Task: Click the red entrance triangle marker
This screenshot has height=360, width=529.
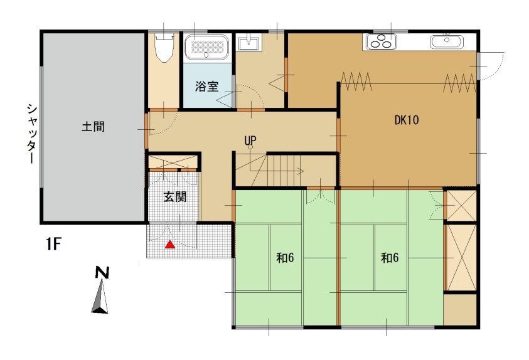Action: click(x=169, y=245)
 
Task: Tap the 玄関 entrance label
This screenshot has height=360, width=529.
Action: click(x=175, y=196)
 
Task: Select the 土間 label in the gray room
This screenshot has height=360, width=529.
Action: click(x=92, y=127)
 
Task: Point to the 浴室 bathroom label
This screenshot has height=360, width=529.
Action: click(x=206, y=87)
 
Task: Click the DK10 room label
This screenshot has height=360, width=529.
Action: click(x=406, y=120)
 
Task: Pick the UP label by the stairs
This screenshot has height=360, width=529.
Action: click(x=250, y=140)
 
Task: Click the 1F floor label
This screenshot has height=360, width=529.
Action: click(x=53, y=243)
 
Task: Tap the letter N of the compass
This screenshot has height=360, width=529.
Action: click(x=101, y=273)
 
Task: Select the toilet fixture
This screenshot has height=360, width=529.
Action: click(x=164, y=48)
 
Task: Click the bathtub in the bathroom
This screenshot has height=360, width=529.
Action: click(x=208, y=47)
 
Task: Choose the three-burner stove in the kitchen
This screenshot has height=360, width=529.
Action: click(x=380, y=42)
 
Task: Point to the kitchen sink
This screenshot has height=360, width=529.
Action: click(x=446, y=42)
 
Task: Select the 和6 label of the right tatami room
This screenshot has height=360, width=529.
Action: click(x=390, y=257)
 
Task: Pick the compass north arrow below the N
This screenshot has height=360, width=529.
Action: click(x=100, y=297)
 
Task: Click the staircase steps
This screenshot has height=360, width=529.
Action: click(x=286, y=170)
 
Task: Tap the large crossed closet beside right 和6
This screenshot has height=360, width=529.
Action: click(x=460, y=257)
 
